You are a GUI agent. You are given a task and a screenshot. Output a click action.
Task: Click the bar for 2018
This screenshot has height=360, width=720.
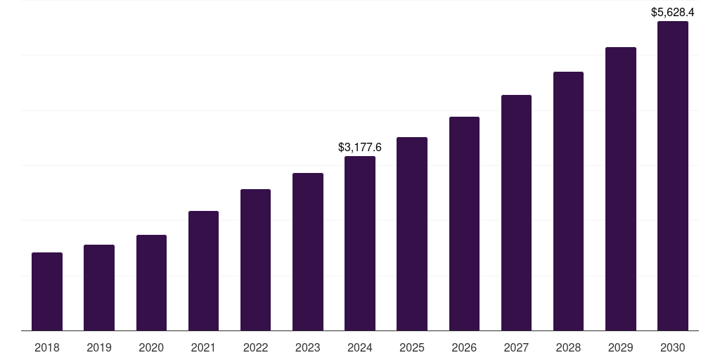click(x=47, y=291)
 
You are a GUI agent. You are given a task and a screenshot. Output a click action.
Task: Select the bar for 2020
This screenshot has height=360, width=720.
click(x=151, y=283)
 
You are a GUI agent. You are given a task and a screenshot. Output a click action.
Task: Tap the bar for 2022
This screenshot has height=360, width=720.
click(x=255, y=259)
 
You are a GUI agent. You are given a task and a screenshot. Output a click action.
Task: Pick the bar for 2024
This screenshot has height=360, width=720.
click(x=360, y=243)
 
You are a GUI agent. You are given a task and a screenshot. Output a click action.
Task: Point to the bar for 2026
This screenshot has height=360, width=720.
click(x=464, y=224)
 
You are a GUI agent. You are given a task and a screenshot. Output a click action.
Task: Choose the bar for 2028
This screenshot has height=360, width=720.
click(x=568, y=201)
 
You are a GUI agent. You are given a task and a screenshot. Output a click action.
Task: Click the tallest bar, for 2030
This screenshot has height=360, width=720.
click(x=672, y=176)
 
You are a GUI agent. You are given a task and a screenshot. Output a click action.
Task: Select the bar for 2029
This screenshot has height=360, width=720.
click(x=620, y=188)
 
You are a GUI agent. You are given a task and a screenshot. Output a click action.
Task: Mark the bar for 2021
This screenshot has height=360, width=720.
click(x=203, y=271)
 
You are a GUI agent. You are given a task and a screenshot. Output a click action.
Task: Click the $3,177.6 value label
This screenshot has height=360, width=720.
click(x=360, y=148)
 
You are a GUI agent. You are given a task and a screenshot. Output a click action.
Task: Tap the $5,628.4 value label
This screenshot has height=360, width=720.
click(x=672, y=13)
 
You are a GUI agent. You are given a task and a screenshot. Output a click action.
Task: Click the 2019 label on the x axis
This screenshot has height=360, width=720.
click(x=99, y=347)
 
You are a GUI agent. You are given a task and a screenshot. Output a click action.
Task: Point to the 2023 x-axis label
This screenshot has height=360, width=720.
click(x=307, y=347)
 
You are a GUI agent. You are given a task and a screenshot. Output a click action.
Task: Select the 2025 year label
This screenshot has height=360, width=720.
click(x=412, y=347)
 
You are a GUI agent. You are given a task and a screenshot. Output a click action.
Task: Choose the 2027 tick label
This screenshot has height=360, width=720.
click(x=516, y=347)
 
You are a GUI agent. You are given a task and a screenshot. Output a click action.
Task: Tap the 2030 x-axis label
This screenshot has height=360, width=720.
click(x=672, y=347)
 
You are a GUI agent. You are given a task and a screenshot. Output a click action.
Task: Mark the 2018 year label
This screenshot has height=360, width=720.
click(x=47, y=347)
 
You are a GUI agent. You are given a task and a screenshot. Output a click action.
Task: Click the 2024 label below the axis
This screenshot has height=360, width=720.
click(x=360, y=347)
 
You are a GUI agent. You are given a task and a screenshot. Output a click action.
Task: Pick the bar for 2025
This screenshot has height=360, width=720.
click(x=412, y=233)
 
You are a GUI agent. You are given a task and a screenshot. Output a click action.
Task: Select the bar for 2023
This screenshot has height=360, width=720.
click(x=307, y=252)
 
